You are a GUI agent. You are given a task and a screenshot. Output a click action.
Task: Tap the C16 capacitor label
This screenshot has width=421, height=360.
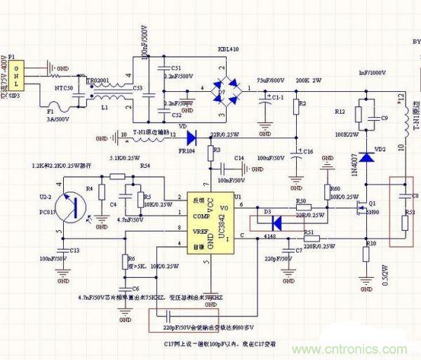point(308,152)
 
